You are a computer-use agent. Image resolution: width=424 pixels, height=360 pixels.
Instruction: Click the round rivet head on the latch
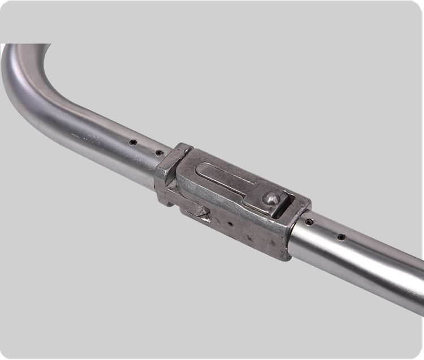tap(272, 198)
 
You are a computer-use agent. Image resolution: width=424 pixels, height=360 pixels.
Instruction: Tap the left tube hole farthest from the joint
tap(132, 142)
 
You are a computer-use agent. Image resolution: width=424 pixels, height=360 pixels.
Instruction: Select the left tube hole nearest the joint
tap(159, 153)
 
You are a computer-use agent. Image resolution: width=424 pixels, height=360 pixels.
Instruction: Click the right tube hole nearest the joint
tap(309, 222)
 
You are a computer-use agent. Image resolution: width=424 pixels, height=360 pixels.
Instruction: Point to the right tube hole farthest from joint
tap(341, 237)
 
